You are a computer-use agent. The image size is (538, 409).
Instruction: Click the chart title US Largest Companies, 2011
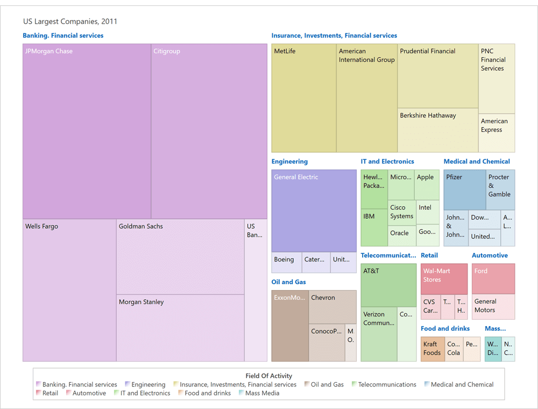tap(70, 22)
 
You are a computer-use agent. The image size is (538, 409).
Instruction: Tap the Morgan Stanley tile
tap(180, 328)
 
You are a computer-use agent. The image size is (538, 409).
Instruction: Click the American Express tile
tap(497, 133)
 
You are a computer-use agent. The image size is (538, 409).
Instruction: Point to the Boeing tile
tap(286, 262)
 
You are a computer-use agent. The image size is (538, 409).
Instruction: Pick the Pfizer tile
tap(464, 189)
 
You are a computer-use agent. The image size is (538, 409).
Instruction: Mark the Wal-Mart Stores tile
tap(444, 279)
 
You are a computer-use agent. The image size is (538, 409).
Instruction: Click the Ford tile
tap(493, 278)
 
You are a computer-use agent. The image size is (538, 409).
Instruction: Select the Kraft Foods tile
tap(433, 349)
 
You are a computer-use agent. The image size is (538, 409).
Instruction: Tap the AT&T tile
tap(388, 285)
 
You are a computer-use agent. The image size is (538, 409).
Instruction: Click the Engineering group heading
tap(289, 161)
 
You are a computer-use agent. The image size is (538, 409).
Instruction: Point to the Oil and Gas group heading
tap(288, 282)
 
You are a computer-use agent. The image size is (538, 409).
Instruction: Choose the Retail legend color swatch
tap(39, 393)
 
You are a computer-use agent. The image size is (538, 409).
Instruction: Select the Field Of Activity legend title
tap(268, 376)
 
